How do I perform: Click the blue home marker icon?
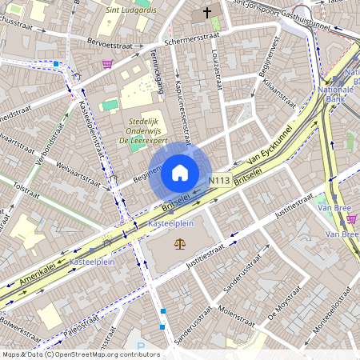click(x=179, y=172)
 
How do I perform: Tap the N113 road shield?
click(x=221, y=182)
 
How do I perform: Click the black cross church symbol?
click(x=207, y=13)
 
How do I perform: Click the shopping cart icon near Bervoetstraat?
click(x=107, y=63)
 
